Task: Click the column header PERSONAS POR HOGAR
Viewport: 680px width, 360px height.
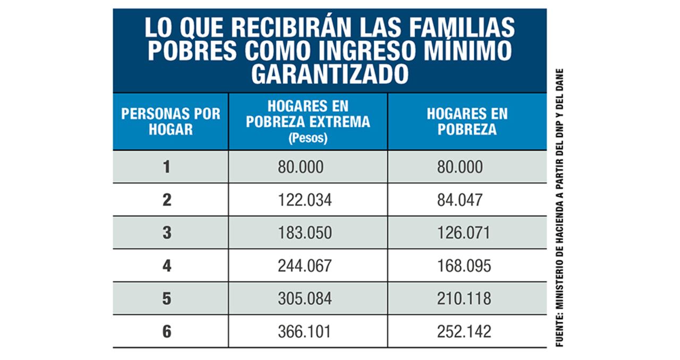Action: [171, 122]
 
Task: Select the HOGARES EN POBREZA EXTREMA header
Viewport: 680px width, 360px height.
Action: [308, 114]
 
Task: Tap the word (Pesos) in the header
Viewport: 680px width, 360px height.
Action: [308, 139]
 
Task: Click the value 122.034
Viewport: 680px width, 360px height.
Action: [304, 200]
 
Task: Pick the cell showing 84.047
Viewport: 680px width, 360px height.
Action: [460, 200]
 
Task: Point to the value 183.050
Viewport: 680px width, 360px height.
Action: [304, 233]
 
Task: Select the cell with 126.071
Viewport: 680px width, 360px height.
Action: [463, 233]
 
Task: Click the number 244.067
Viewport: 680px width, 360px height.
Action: [304, 266]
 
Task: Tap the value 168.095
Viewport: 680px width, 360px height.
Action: [464, 266]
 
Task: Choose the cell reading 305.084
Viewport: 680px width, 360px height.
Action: [304, 299]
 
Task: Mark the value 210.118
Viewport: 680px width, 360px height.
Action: [464, 299]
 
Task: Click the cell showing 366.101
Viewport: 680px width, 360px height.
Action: [304, 332]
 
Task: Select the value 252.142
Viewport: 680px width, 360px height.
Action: [464, 332]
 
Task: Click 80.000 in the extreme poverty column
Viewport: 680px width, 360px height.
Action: [300, 167]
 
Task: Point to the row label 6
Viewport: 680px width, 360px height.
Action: [167, 332]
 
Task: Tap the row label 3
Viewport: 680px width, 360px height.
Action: [167, 233]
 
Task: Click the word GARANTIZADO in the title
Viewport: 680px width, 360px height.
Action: [329, 75]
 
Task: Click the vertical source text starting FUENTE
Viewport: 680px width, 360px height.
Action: [559, 207]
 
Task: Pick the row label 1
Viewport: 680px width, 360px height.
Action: [167, 167]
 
